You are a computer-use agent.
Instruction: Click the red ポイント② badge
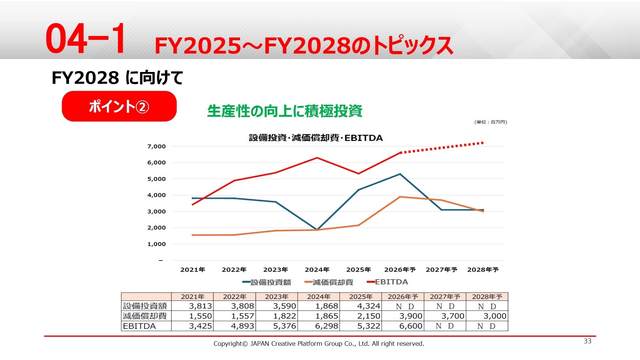tap(119, 106)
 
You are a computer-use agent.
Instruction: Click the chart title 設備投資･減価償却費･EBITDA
tap(316, 138)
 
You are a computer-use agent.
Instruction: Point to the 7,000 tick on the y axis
tap(156, 146)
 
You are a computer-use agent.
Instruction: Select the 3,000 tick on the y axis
tap(156, 211)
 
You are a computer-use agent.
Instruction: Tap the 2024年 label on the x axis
tap(317, 270)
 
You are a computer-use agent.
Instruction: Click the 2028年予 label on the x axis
tap(483, 270)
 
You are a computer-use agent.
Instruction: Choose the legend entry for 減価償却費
tap(329, 282)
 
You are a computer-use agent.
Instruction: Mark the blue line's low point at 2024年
tap(317, 229)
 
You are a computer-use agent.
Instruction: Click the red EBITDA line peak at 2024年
tap(317, 158)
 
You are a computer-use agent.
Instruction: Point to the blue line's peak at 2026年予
tap(400, 174)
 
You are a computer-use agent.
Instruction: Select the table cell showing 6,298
tap(326, 326)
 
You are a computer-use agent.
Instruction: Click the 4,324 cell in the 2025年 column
tap(368, 306)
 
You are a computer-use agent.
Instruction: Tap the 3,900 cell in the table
tap(410, 316)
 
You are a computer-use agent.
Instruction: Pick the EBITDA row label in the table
tap(139, 326)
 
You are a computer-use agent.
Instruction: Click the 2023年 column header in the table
tap(276, 297)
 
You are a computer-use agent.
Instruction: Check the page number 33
tap(587, 341)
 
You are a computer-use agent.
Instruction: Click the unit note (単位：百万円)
tap(491, 122)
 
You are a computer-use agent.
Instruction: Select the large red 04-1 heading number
tap(85, 39)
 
